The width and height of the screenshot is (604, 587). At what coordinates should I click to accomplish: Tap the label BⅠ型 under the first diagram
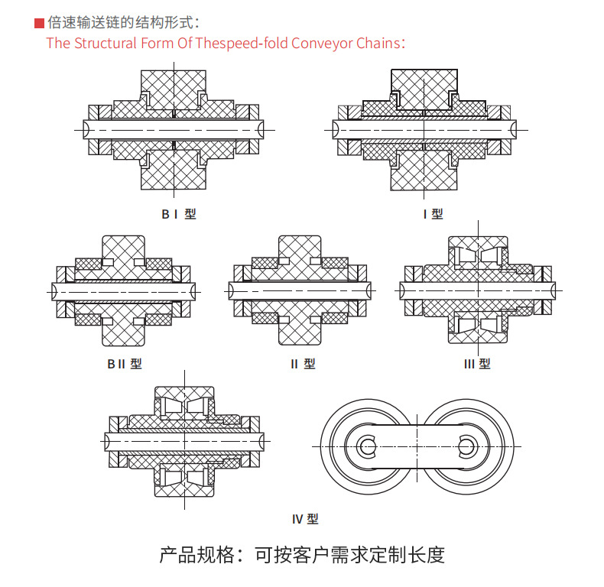(179, 215)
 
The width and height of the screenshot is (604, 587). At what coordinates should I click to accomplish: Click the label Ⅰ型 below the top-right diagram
(433, 215)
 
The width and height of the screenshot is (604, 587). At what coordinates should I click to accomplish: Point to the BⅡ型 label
(124, 365)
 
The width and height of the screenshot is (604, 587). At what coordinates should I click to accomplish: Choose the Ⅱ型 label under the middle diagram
(303, 365)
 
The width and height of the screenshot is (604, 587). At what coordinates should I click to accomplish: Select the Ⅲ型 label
(478, 365)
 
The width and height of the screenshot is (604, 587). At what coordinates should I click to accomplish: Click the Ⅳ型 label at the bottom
(305, 519)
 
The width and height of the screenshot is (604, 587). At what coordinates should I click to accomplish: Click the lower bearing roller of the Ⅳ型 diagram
(185, 482)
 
